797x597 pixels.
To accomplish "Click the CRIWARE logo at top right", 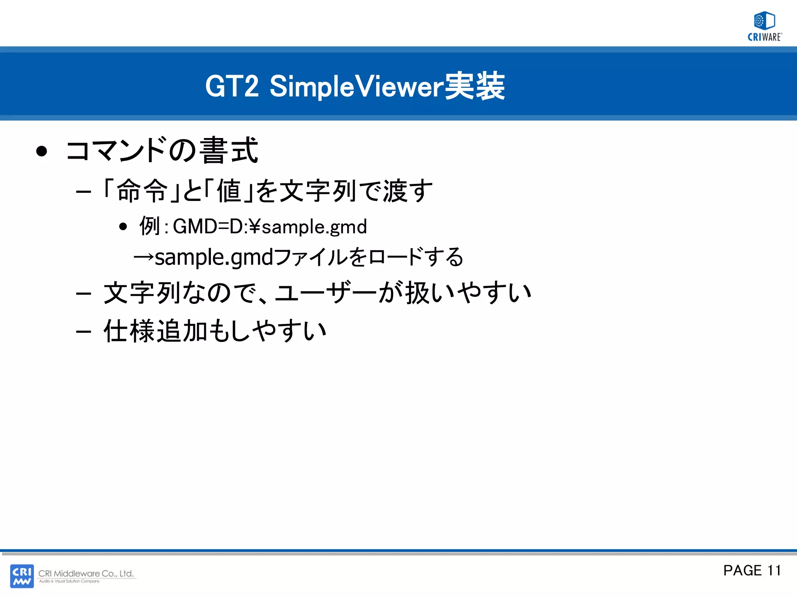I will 764,26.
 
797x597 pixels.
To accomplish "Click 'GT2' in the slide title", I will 232,86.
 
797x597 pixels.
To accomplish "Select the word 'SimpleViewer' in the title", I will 356,86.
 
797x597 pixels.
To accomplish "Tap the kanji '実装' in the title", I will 474,86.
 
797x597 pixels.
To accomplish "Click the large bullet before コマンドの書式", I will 41,151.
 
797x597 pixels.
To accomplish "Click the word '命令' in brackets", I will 142,191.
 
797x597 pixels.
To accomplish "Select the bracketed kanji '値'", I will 229,191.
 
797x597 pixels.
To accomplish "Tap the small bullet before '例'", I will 123,226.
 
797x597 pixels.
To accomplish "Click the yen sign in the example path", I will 255,226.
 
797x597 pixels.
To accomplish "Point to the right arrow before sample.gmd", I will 144,257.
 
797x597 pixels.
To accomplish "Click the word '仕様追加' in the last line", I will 155,331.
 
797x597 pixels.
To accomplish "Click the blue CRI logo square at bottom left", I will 22,576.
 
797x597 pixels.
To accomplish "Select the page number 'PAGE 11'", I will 752,570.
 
